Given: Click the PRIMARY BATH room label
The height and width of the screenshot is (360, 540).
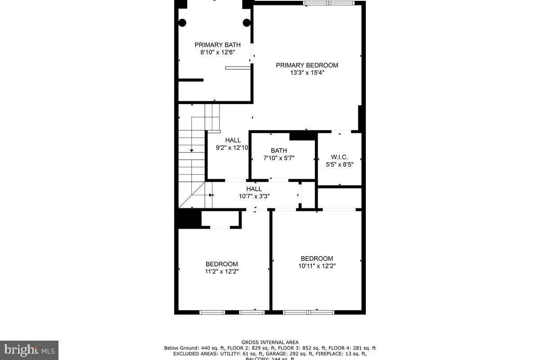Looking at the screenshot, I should coord(217,45).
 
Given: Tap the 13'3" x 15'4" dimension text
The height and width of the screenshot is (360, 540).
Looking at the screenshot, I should coord(307,72).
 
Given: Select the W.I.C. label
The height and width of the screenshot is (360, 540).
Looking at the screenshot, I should coord(339,157).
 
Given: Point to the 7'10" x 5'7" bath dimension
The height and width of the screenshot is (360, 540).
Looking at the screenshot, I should coord(279,158).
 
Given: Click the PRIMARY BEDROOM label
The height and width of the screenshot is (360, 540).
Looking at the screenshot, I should coord(307,65).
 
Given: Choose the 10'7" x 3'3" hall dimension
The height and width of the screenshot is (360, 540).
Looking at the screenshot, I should coord(254,196).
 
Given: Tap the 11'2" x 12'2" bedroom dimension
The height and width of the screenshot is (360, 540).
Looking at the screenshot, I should coord(221,271).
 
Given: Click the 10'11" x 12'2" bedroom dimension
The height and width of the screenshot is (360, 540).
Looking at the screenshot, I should coord(317,266).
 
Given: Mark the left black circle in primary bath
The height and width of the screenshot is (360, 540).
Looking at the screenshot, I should coord(183,23).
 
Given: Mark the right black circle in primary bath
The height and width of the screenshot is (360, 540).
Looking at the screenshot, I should coord(247,23).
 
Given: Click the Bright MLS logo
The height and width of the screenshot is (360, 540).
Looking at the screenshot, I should coord(29,350).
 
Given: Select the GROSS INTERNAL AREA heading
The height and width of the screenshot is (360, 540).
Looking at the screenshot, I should coord(270,342).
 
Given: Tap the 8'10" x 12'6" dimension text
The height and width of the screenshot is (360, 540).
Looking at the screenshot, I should coord(217,52).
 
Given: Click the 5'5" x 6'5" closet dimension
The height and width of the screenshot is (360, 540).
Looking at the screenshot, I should coord(339,165).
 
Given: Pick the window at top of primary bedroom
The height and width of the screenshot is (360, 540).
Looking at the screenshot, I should coord(329,4).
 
